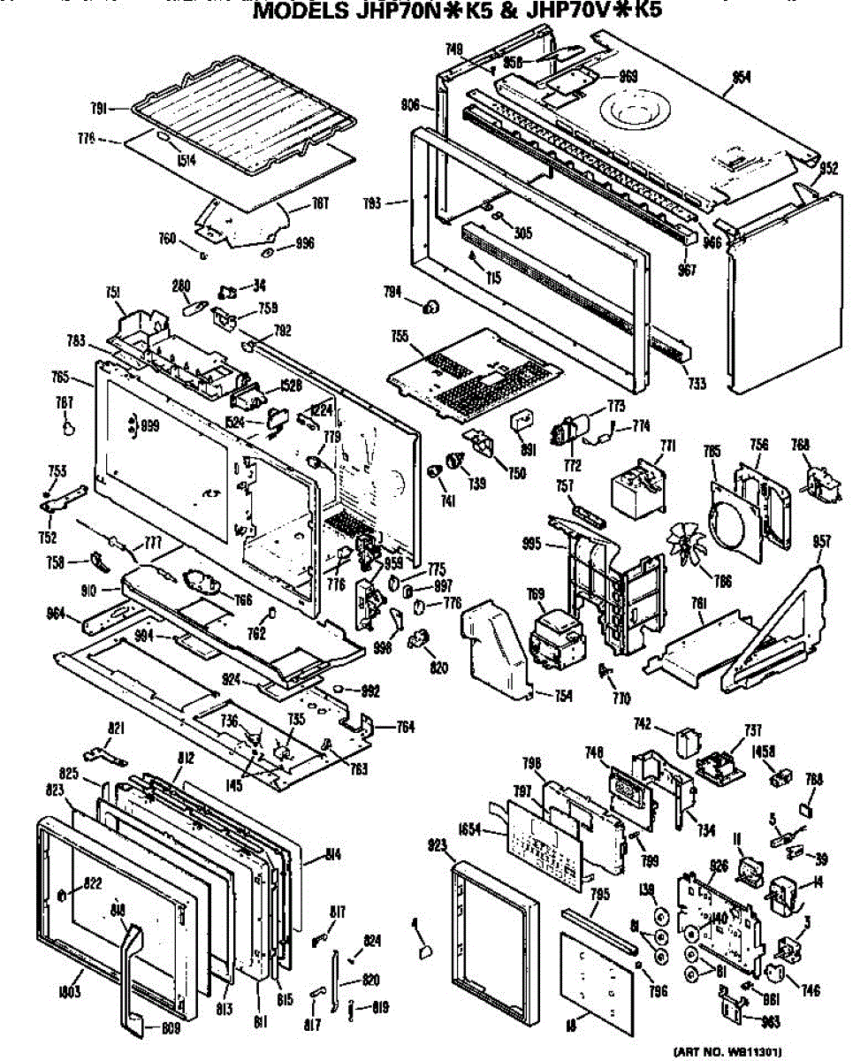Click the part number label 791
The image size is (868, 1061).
99,108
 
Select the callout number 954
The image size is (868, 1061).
741,78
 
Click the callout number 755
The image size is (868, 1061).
399,337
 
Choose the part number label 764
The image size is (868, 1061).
405,728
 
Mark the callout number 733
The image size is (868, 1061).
697,383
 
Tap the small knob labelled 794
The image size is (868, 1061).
432,306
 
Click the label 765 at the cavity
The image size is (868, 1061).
60,377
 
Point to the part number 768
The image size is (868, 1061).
800,447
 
